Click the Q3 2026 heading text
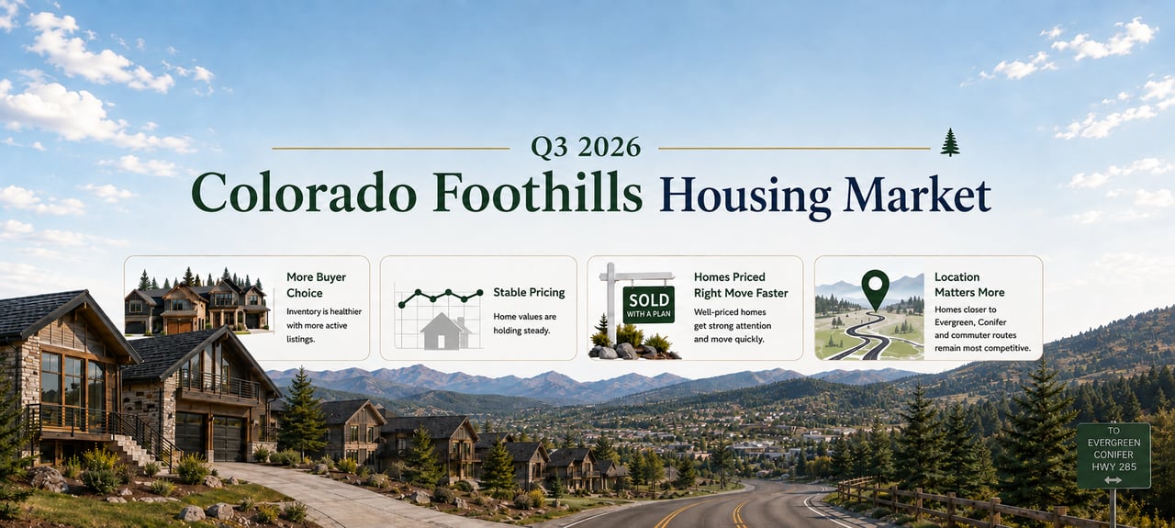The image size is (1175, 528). click(586, 147)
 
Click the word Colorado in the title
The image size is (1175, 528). click(304, 192)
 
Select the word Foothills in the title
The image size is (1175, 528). click(538, 191)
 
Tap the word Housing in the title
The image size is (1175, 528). click(744, 196)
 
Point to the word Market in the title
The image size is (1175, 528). click(917, 194)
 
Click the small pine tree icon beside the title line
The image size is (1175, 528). click(949, 142)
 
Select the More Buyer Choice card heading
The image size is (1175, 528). click(317, 285)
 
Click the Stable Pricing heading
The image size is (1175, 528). click(529, 292)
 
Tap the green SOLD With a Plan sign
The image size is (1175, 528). click(649, 305)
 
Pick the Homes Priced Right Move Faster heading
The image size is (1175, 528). click(741, 285)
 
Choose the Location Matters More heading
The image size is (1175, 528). click(969, 285)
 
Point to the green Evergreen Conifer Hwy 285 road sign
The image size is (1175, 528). click(1113, 455)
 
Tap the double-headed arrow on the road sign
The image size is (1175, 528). click(1113, 480)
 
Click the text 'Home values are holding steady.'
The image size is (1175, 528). click(524, 323)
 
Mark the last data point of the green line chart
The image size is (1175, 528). click(479, 292)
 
